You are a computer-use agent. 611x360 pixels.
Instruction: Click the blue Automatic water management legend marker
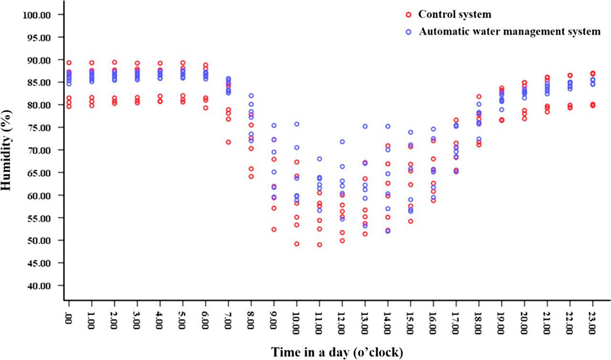pos(408,32)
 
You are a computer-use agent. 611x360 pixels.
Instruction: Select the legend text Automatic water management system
pos(509,32)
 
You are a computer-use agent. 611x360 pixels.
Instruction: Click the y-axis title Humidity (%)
pos(7,150)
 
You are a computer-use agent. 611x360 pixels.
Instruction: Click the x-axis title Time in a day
pos(337,352)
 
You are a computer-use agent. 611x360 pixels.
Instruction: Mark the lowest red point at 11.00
pos(319,245)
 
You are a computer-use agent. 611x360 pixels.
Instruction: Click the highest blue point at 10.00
pos(296,124)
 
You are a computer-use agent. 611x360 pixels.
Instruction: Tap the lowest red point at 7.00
pos(228,142)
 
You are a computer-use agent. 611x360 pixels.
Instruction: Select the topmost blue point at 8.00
pos(251,96)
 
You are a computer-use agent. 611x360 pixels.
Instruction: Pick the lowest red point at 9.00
pos(274,230)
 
